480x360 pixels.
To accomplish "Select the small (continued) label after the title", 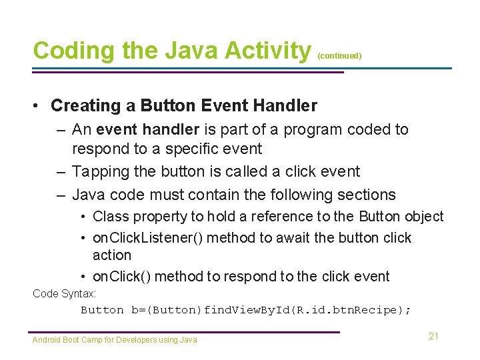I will (x=339, y=56).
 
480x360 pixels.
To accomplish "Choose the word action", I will (x=112, y=255).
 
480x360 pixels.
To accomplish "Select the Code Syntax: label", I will (x=64, y=293).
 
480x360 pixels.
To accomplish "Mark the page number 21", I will (x=433, y=336).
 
